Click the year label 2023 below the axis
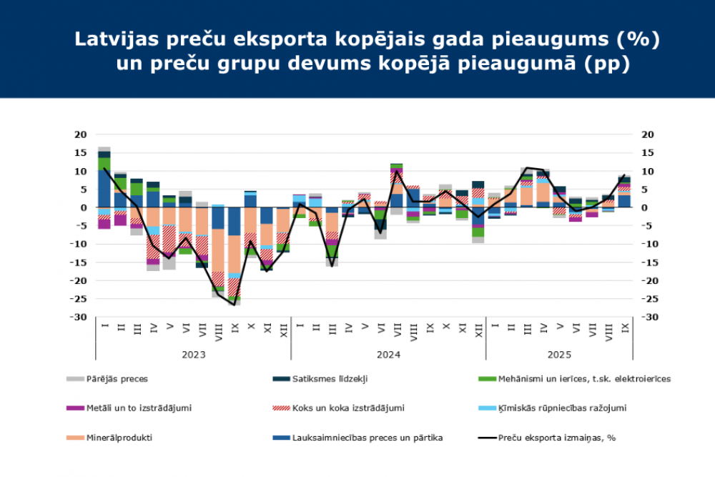click(x=193, y=355)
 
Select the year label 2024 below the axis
click(x=388, y=355)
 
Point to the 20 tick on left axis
click(x=80, y=134)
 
